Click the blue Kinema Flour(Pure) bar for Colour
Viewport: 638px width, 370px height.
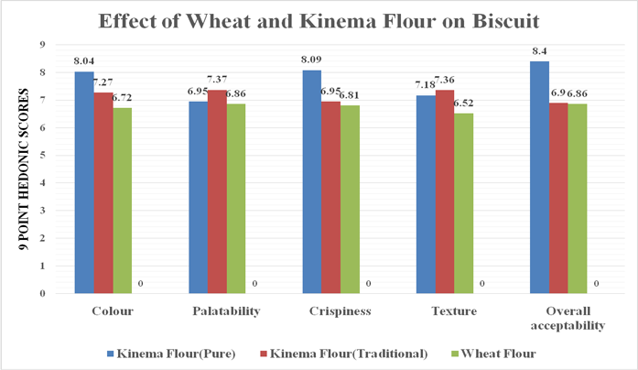coord(84,183)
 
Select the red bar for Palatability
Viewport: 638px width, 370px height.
coord(217,192)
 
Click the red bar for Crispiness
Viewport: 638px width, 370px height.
coord(330,198)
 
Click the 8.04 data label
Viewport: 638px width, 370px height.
coord(84,63)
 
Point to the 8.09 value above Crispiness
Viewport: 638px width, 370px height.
coord(312,61)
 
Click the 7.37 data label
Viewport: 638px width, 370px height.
coord(218,82)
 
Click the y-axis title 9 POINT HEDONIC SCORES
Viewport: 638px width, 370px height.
coord(22,169)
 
